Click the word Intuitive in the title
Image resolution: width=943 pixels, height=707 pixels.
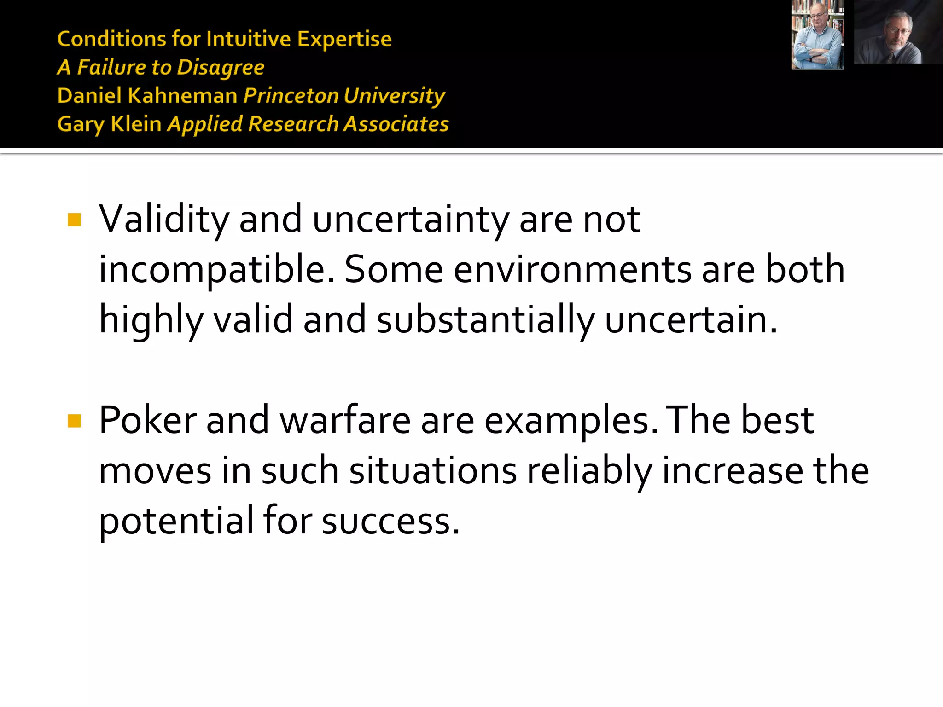(x=248, y=39)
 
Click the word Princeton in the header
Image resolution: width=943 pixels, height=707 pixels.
(x=291, y=96)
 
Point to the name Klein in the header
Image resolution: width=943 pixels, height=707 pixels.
(x=136, y=124)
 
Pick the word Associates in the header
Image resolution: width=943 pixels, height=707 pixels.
(x=396, y=124)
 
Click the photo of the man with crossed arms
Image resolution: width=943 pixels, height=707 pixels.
(x=817, y=35)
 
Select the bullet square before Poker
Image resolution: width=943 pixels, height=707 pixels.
(x=74, y=421)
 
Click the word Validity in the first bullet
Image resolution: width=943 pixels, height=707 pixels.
(x=164, y=220)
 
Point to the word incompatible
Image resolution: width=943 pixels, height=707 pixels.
(x=216, y=270)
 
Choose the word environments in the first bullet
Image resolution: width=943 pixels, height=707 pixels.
(x=572, y=270)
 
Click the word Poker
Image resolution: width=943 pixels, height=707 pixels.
(x=147, y=420)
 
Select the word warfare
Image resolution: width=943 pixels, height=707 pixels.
(x=345, y=420)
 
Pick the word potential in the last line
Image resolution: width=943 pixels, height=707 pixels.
(x=176, y=521)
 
